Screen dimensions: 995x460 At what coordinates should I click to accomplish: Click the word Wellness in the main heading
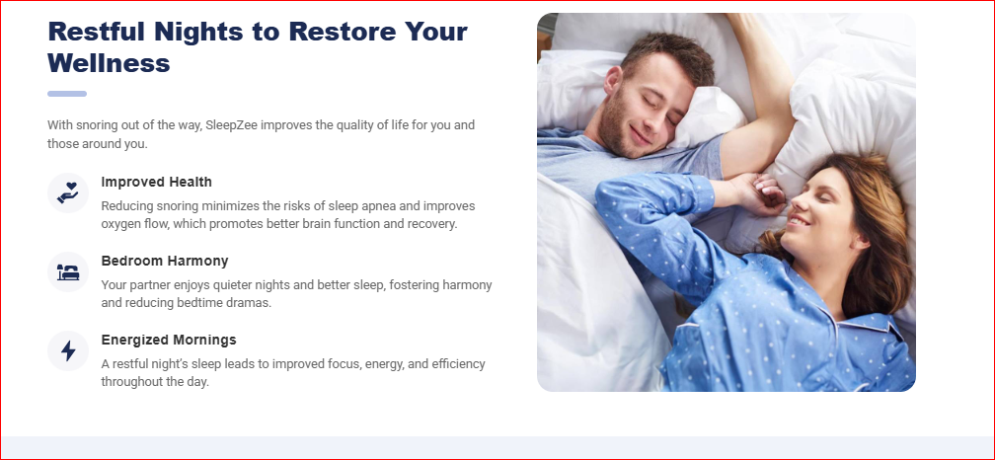109,63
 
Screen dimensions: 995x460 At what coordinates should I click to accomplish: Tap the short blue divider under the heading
67,94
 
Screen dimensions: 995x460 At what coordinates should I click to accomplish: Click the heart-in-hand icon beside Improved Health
68,192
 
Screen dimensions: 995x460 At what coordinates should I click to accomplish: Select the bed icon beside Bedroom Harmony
68,272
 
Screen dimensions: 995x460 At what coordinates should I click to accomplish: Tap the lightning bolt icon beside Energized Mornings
68,350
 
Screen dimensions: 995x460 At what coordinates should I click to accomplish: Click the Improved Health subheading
156,182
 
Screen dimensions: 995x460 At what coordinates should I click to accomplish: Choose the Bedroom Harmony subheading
164,261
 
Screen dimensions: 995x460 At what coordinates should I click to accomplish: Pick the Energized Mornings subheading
168,341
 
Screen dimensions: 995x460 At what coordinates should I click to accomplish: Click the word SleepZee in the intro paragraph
231,125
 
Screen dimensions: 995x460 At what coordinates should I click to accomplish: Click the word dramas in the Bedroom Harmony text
250,303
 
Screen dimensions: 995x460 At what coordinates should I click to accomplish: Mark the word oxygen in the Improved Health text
119,225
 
